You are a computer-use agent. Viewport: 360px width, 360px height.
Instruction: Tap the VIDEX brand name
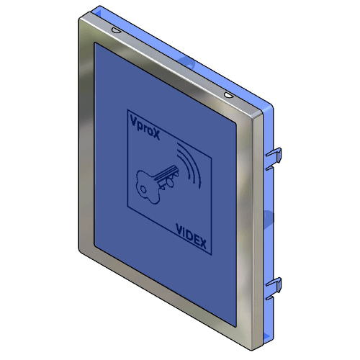point(191,235)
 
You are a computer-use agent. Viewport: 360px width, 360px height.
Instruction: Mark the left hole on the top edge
point(115,30)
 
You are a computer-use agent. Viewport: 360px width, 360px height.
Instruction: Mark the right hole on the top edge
point(228,94)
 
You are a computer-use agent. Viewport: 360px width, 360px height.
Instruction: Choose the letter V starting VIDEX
point(179,228)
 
